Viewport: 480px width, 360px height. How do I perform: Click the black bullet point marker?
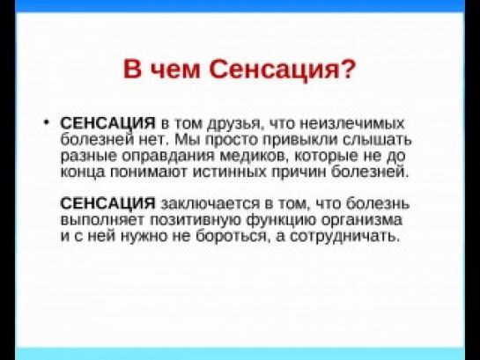pyautogui.click(x=46, y=122)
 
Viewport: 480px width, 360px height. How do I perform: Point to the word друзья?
pyautogui.click(x=234, y=124)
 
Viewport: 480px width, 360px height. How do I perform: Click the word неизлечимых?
pyautogui.click(x=352, y=123)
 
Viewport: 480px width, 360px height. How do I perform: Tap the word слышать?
pyautogui.click(x=377, y=140)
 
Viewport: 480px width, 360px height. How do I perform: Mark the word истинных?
pyautogui.click(x=230, y=173)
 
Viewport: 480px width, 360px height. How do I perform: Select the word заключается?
pyautogui.click(x=210, y=204)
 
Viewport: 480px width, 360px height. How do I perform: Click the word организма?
pyautogui.click(x=363, y=221)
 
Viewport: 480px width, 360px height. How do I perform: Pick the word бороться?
pyautogui.click(x=232, y=236)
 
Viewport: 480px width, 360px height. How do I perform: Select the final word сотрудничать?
pyautogui.click(x=344, y=237)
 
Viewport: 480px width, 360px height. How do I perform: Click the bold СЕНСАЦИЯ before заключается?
pyautogui.click(x=108, y=203)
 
